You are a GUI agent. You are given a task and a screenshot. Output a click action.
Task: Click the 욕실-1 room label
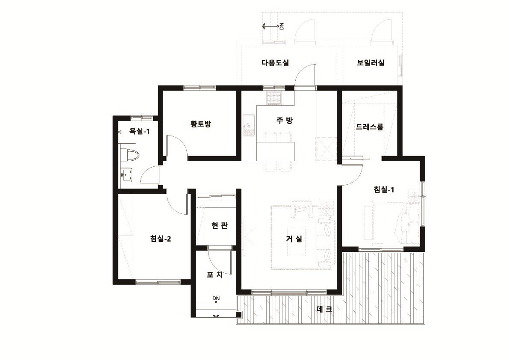point(139,131)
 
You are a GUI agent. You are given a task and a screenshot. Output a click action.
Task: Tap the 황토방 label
point(200,124)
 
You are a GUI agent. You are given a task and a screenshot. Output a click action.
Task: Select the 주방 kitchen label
point(285,121)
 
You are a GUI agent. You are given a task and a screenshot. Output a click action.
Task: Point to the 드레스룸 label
point(369,127)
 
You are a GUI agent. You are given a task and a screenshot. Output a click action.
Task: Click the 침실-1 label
point(384,189)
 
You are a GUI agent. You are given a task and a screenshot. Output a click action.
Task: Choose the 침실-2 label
point(161,239)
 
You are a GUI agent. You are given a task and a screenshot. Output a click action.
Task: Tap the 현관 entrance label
point(219,225)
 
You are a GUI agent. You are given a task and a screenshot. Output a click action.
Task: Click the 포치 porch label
point(215,275)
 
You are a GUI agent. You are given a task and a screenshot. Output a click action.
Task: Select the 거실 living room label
point(294,239)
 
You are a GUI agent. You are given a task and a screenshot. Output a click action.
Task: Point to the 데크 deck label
point(324,309)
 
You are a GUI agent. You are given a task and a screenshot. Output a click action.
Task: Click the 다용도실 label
point(275,63)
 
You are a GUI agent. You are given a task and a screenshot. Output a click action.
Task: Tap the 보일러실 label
point(371,63)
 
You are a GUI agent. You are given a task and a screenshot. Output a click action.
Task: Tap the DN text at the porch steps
point(216,298)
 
